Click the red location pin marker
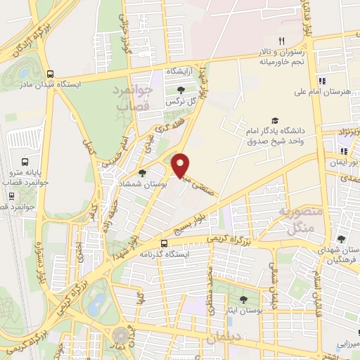click(x=181, y=165)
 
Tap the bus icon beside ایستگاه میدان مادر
click(x=49, y=73)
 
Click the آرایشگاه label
click(x=179, y=72)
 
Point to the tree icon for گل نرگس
click(x=182, y=90)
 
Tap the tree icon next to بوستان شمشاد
click(x=142, y=173)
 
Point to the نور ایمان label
click(x=344, y=162)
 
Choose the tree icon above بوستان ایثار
click(x=243, y=299)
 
